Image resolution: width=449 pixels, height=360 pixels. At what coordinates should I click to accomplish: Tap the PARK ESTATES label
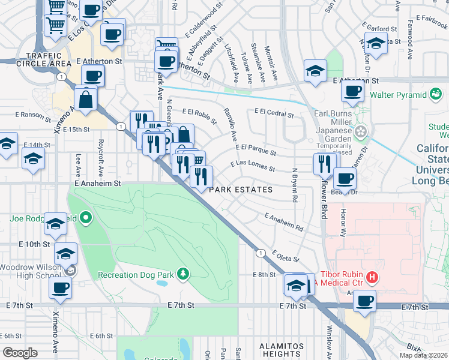coord(241,190)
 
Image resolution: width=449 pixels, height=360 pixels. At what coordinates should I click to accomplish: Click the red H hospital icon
coord(372,277)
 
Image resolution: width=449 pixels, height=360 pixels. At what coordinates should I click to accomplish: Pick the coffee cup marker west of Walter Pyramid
coord(353,91)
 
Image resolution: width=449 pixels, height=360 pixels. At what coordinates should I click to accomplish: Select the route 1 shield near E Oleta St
coord(259,253)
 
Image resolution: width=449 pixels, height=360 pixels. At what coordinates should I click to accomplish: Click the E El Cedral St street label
coord(274,112)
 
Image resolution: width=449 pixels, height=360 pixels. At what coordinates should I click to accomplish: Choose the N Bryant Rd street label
coord(295,189)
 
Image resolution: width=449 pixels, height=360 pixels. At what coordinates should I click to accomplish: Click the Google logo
coord(20,353)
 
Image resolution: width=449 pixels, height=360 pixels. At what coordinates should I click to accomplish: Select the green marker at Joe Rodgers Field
coord(86,218)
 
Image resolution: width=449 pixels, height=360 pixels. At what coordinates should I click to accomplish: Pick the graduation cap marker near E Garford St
coord(376,44)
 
